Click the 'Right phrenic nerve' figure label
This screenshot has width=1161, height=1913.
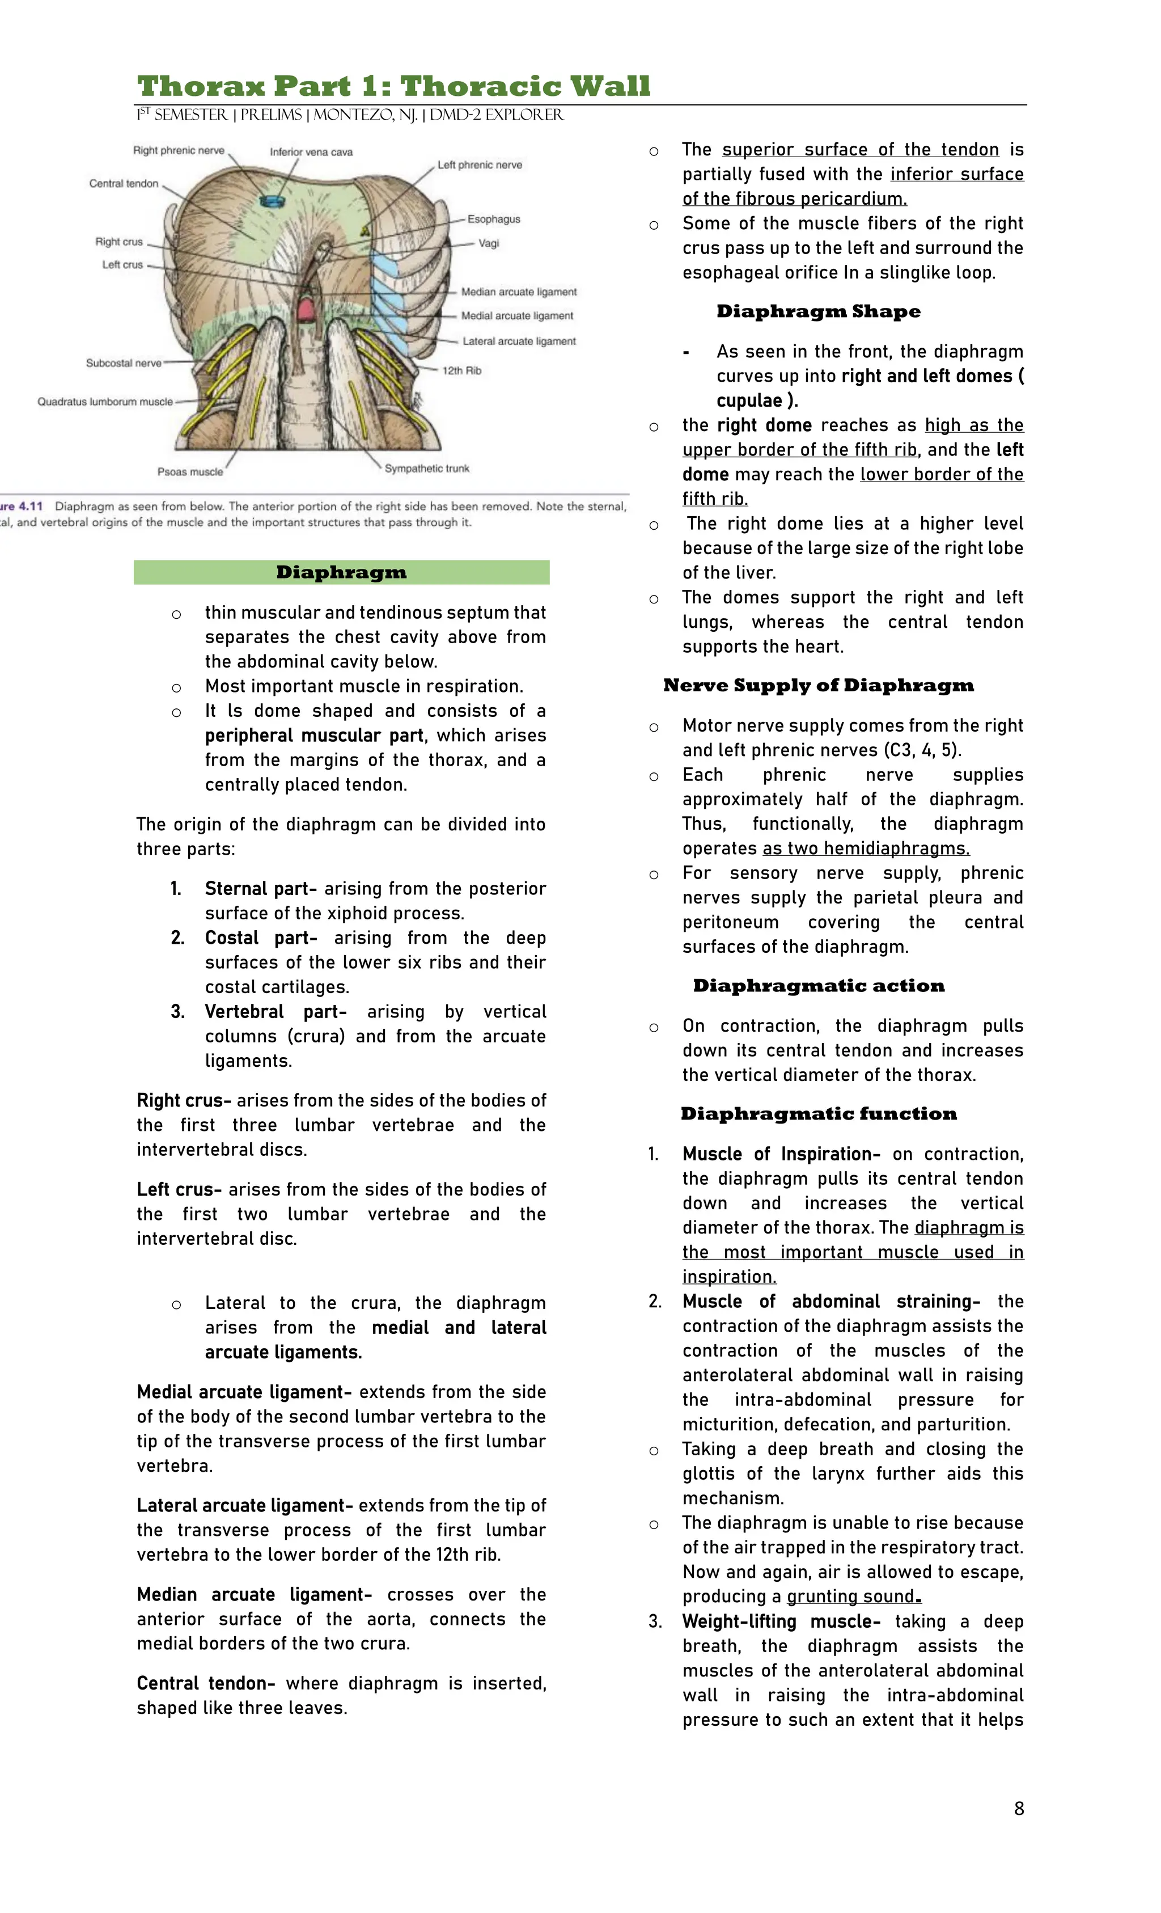point(179,151)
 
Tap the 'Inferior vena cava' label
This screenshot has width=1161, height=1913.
point(311,152)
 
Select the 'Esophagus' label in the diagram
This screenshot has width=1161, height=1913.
point(494,219)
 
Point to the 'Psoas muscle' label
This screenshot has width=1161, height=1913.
point(190,472)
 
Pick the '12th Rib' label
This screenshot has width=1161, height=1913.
point(462,371)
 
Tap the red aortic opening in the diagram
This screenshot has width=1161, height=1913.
point(306,310)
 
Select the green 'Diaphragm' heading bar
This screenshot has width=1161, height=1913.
point(341,572)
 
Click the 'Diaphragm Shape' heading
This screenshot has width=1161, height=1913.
point(818,311)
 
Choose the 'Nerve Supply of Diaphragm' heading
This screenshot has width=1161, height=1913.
point(818,686)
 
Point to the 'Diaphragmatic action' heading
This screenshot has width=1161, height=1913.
point(818,986)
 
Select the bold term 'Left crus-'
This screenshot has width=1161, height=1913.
point(179,1189)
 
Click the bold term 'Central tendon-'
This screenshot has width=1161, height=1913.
point(206,1683)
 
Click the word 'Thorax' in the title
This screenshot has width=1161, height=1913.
point(200,86)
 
